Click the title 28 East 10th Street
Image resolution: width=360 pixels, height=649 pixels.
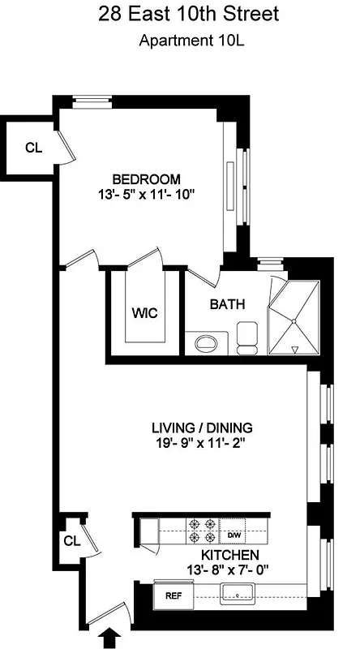(x=180, y=14)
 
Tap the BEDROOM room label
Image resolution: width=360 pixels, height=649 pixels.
(x=146, y=178)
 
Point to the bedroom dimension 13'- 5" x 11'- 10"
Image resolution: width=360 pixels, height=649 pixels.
(x=146, y=194)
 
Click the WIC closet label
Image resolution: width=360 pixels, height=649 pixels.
(x=144, y=312)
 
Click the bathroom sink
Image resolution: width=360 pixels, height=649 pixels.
(x=208, y=342)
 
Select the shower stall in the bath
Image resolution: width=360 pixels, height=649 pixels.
(x=295, y=317)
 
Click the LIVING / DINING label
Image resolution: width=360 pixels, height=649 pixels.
(x=203, y=428)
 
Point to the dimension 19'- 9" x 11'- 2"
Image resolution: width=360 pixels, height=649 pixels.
(x=203, y=443)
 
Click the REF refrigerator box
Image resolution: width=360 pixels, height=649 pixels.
(x=173, y=595)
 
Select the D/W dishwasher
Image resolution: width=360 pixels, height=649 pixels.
(x=233, y=535)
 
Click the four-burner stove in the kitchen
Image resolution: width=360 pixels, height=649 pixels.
(x=202, y=531)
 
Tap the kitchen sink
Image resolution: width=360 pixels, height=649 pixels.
(x=237, y=596)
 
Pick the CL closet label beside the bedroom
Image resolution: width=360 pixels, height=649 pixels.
(x=32, y=148)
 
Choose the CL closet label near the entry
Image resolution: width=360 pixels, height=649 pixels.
(x=71, y=540)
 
